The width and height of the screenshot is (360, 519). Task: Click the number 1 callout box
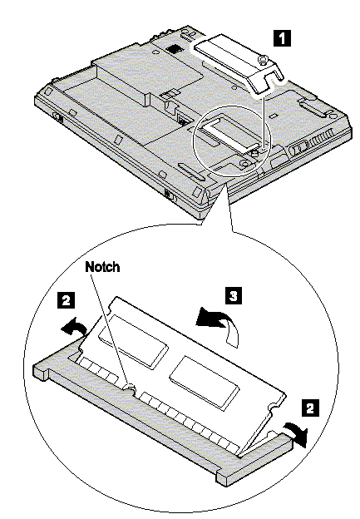pyautogui.click(x=282, y=38)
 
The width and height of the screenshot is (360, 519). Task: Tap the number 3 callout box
pyautogui.click(x=234, y=295)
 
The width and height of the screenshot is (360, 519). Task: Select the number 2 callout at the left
pyautogui.click(x=67, y=300)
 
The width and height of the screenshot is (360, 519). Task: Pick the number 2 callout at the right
pyautogui.click(x=310, y=408)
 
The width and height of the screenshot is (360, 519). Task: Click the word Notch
pyautogui.click(x=102, y=266)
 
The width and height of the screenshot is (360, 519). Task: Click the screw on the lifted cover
pyautogui.click(x=263, y=60)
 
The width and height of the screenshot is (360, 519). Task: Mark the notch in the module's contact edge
pyautogui.click(x=130, y=388)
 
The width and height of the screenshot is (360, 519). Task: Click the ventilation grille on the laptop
pyautogui.click(x=322, y=138)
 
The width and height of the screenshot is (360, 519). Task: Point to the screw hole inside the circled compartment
pyautogui.click(x=244, y=163)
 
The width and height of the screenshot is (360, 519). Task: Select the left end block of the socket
pyautogui.click(x=41, y=370)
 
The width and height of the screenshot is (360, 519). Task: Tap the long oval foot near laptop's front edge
pyautogui.click(x=191, y=171)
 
